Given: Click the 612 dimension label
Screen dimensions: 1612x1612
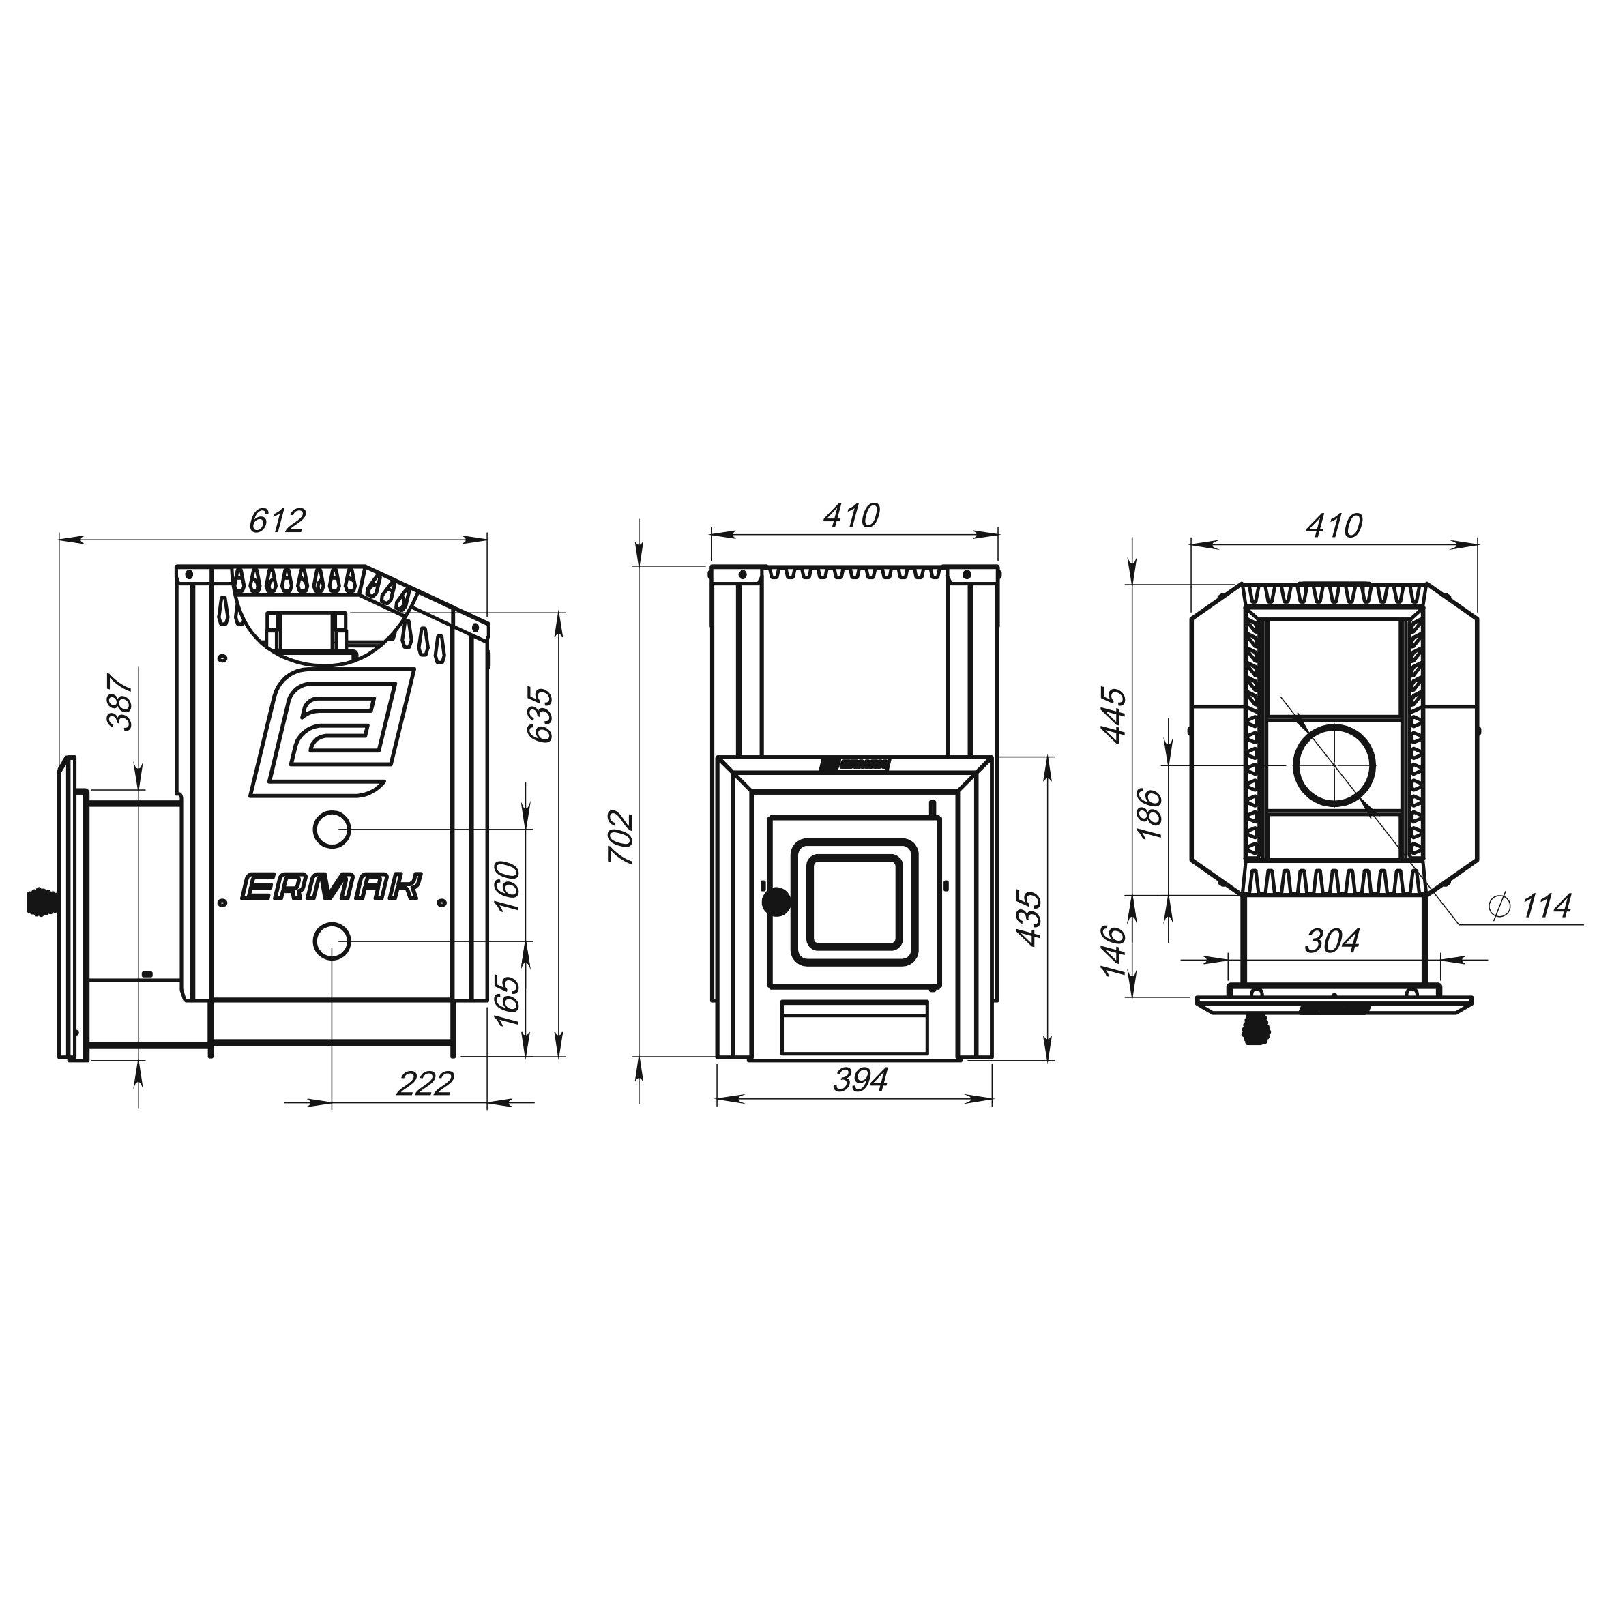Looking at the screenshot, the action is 278,520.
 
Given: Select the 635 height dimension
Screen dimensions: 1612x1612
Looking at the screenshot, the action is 541,714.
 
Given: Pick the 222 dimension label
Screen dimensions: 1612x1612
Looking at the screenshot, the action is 425,1083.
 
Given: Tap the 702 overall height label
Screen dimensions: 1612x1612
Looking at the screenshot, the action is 621,837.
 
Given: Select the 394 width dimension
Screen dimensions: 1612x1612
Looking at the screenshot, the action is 860,1080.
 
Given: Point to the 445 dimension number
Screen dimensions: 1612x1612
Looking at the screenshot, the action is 1115,715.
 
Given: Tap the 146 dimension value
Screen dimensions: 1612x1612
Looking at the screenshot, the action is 1115,951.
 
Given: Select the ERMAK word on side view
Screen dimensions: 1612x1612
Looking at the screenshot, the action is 332,887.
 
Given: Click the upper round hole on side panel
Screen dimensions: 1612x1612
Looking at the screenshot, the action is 332,829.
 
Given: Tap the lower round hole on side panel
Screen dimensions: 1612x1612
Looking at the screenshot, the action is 332,941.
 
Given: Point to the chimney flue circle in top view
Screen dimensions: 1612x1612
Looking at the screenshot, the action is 1334,765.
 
